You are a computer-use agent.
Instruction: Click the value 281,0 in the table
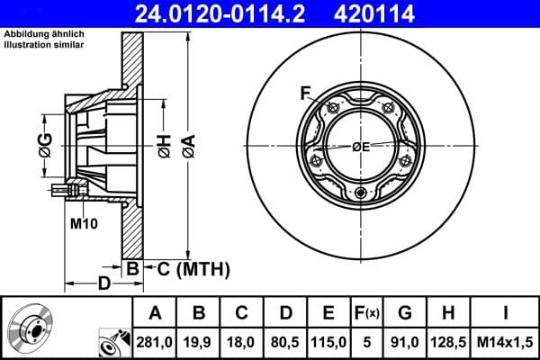click(x=156, y=340)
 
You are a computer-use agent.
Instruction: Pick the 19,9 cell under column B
click(x=200, y=340)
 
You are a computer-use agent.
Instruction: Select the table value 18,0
click(x=242, y=340)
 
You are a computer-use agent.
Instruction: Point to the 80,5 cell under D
click(x=285, y=340)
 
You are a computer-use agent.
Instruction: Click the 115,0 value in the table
click(x=328, y=340)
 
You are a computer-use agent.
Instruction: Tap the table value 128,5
click(x=448, y=340)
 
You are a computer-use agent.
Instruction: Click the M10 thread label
click(x=84, y=222)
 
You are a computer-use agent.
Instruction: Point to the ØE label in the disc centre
click(x=361, y=147)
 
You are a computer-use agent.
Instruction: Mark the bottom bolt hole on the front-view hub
click(x=360, y=194)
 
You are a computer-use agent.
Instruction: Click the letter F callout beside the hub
click(x=305, y=92)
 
